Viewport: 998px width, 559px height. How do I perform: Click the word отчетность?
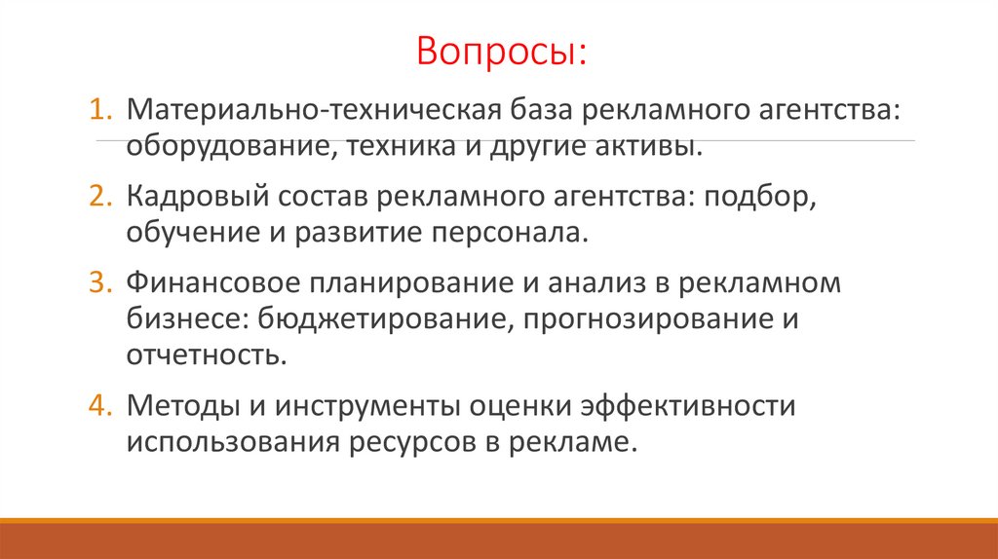206,354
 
